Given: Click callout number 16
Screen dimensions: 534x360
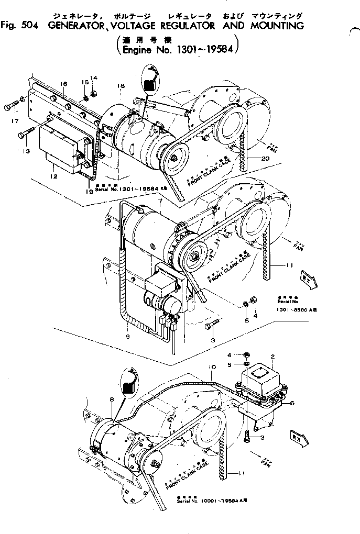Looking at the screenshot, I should [63, 84].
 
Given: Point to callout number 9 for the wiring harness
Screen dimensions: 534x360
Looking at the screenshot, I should [127, 337].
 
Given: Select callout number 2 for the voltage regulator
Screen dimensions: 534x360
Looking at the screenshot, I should [272, 357].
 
